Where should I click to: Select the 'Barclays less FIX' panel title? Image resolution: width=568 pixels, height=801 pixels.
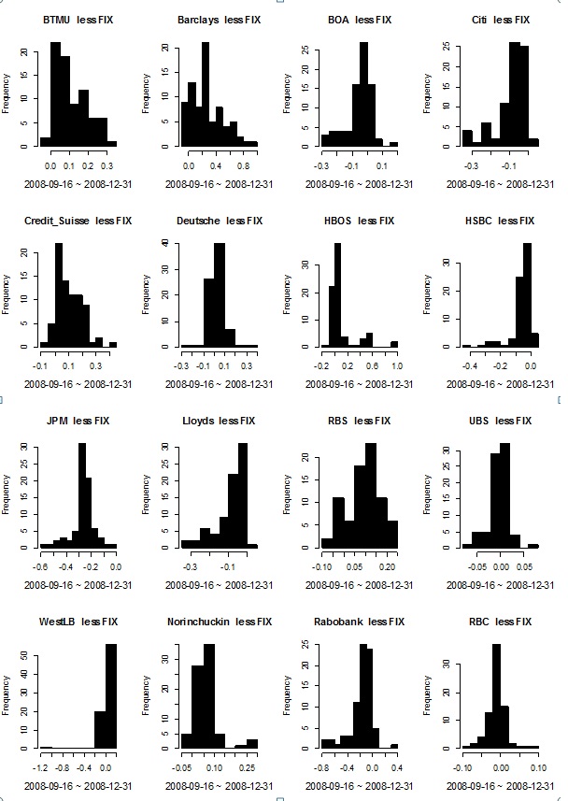218,19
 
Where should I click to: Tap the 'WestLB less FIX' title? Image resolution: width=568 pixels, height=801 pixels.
78,621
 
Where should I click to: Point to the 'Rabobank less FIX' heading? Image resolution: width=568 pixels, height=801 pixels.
359,621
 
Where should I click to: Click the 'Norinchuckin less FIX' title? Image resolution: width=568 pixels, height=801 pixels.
218,621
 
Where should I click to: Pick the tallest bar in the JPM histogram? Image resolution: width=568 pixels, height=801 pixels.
81,495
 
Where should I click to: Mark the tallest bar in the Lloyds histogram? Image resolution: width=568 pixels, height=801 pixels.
243,495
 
